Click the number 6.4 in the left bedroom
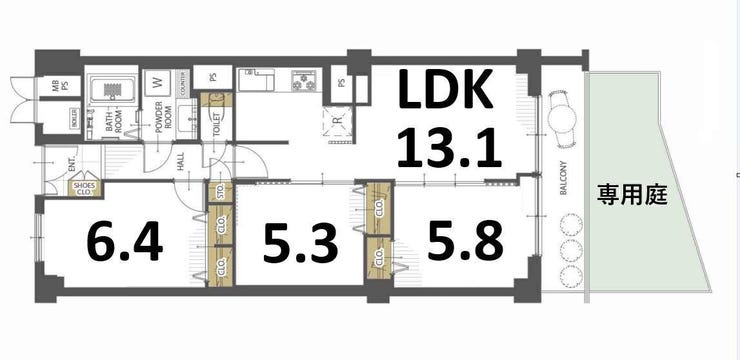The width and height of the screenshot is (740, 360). click(x=125, y=241)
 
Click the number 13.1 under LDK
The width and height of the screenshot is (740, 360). click(x=446, y=149)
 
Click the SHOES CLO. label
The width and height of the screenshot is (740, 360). click(x=84, y=187)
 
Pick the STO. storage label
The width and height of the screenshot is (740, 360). click(x=221, y=193)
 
